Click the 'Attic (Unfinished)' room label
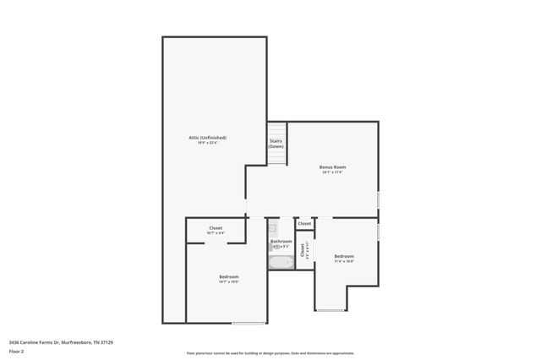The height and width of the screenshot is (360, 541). click(207, 137)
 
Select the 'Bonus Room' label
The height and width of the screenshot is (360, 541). click(332, 166)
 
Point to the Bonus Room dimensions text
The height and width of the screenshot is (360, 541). click(332, 172)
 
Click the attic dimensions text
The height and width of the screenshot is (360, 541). click(207, 143)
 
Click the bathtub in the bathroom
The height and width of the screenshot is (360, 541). click(281, 262)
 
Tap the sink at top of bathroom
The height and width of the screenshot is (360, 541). click(272, 227)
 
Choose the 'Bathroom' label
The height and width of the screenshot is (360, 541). click(281, 241)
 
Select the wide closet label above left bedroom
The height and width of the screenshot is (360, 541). click(216, 227)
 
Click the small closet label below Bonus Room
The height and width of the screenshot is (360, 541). click(304, 224)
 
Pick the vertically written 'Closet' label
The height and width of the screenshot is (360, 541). click(302, 249)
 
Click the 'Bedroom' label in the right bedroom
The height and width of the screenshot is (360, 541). click(344, 256)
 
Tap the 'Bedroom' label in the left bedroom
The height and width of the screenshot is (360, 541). click(229, 276)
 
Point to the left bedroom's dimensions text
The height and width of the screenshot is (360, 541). click(229, 282)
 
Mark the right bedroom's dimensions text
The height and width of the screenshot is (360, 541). click(344, 262)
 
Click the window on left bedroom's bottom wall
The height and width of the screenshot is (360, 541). click(249, 323)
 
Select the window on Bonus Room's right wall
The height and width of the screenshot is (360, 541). click(378, 199)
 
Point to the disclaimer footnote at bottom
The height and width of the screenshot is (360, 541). click(270, 353)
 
